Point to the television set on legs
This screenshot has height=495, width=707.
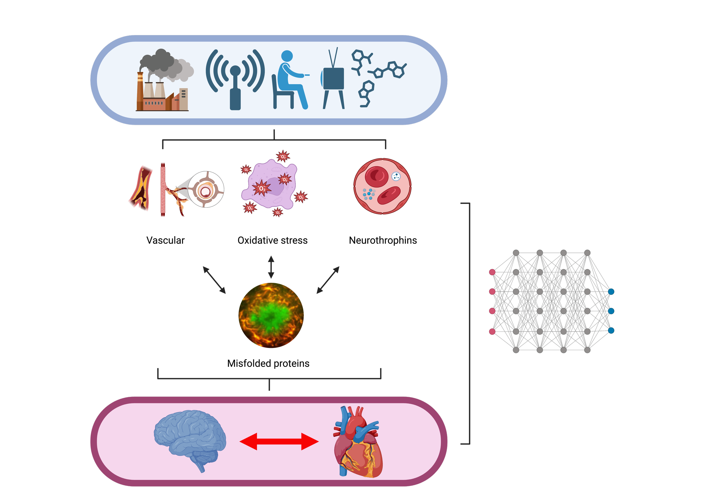click(333, 79)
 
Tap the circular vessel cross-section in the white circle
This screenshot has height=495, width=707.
click(205, 190)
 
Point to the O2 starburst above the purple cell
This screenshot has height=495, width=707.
click(283, 157)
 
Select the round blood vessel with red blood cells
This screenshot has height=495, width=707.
click(382, 186)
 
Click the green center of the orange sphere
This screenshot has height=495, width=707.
click(271, 314)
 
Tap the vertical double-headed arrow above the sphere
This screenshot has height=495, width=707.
click(271, 267)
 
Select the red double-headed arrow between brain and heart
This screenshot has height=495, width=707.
click(279, 442)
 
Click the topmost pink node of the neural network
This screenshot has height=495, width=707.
click(492, 272)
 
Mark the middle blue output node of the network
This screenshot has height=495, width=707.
click(611, 311)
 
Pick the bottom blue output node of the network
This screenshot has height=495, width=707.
click(611, 330)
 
